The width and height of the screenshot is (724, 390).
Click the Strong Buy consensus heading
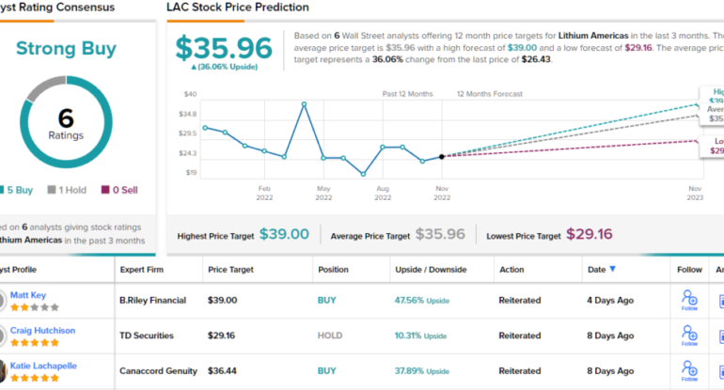pos(65,50)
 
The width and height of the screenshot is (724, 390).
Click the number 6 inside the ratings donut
pos(65,117)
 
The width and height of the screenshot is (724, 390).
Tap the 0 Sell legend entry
pos(118,190)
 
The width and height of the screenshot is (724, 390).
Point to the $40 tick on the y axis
pos(190,94)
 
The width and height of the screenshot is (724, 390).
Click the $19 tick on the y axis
pos(191,173)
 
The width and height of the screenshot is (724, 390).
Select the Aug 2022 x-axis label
pos(383,193)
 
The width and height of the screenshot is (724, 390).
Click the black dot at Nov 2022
pos(442,156)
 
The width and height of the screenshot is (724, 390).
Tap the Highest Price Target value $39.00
pos(284,234)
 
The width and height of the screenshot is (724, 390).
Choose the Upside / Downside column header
pos(430,270)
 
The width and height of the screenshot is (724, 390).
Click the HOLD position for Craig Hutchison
pos(330,335)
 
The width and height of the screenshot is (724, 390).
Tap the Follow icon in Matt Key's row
pos(689,300)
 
